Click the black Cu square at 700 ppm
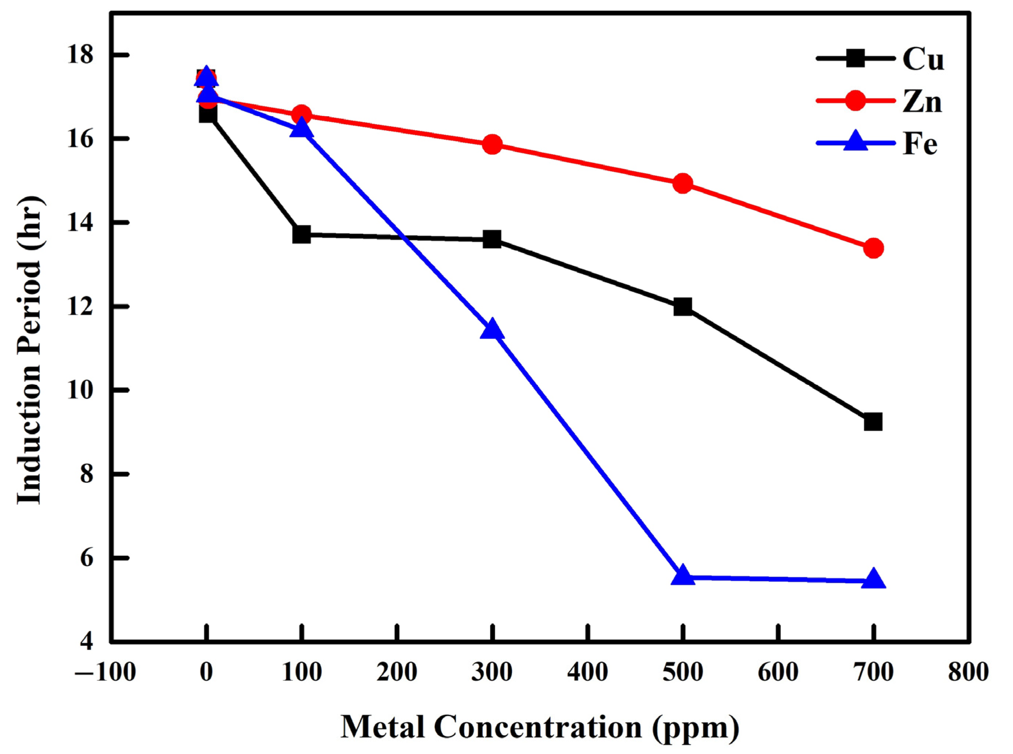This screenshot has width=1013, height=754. (x=873, y=422)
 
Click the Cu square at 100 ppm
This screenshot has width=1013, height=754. (x=301, y=235)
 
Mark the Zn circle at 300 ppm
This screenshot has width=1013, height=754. (x=492, y=144)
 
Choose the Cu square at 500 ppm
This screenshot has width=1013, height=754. (x=682, y=307)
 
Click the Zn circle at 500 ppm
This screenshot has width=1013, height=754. (x=682, y=183)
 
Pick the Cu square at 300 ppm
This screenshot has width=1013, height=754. (x=492, y=239)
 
